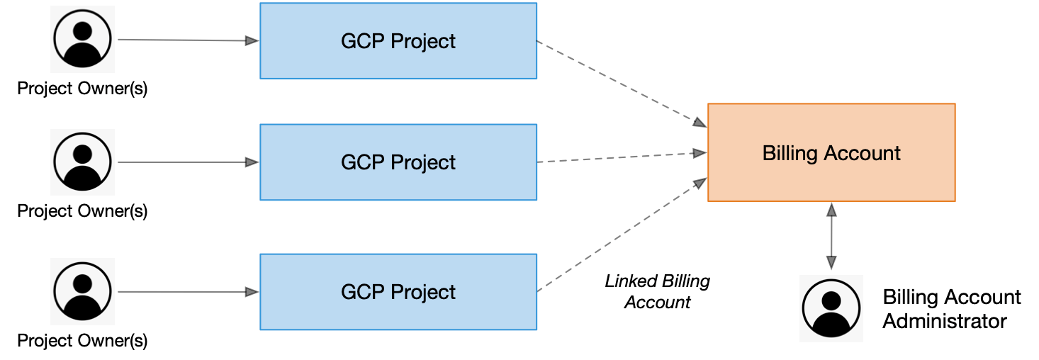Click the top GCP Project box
(x=398, y=41)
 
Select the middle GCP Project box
(x=398, y=162)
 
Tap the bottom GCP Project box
(x=398, y=292)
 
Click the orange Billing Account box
(x=831, y=152)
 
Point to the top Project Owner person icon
(x=82, y=40)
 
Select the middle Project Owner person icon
(x=82, y=162)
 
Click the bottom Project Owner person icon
(x=82, y=291)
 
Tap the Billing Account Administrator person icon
(x=831, y=308)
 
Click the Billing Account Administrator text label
(x=951, y=309)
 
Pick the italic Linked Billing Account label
(x=657, y=292)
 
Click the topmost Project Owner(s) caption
(x=82, y=89)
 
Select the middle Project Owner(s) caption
(x=82, y=211)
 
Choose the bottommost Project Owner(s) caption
(x=82, y=341)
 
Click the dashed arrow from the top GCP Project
(x=621, y=84)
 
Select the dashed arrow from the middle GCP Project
(x=621, y=157)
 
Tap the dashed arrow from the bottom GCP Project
(x=621, y=236)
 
